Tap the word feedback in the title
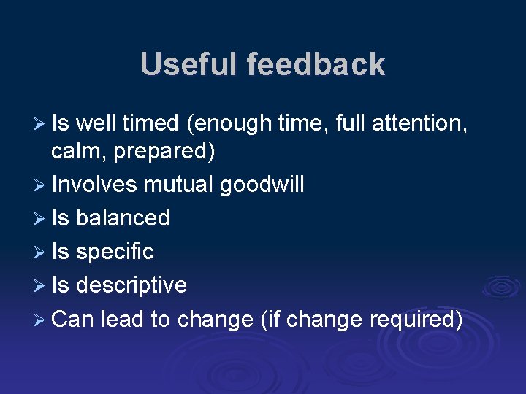tap(316, 64)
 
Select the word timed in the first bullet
tap(150, 124)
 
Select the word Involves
tap(94, 185)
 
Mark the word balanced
tap(123, 218)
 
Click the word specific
tap(115, 252)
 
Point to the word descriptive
tap(131, 285)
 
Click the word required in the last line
tap(416, 319)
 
